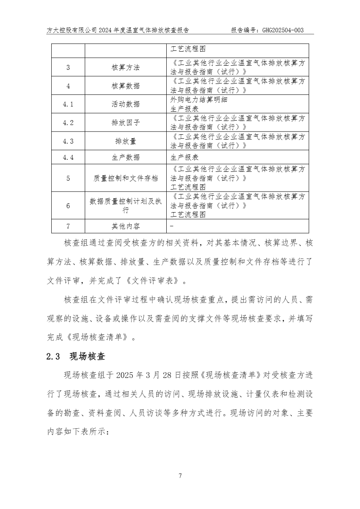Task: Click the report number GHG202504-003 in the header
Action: (x=283, y=30)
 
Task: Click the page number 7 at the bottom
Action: (x=180, y=476)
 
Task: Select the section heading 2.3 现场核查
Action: (x=76, y=357)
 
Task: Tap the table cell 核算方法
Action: (x=126, y=67)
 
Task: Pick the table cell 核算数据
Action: (x=126, y=86)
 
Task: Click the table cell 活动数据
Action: (x=126, y=104)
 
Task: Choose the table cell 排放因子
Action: (x=126, y=123)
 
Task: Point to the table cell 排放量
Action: (x=126, y=141)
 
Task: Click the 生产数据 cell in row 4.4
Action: (x=126, y=157)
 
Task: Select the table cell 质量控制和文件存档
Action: (x=126, y=178)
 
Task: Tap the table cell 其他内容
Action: (x=126, y=226)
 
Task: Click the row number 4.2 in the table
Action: (x=68, y=123)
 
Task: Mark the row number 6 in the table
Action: (x=68, y=206)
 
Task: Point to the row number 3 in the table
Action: (x=68, y=67)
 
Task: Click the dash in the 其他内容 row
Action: (x=172, y=226)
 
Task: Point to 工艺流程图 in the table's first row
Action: (x=188, y=49)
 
